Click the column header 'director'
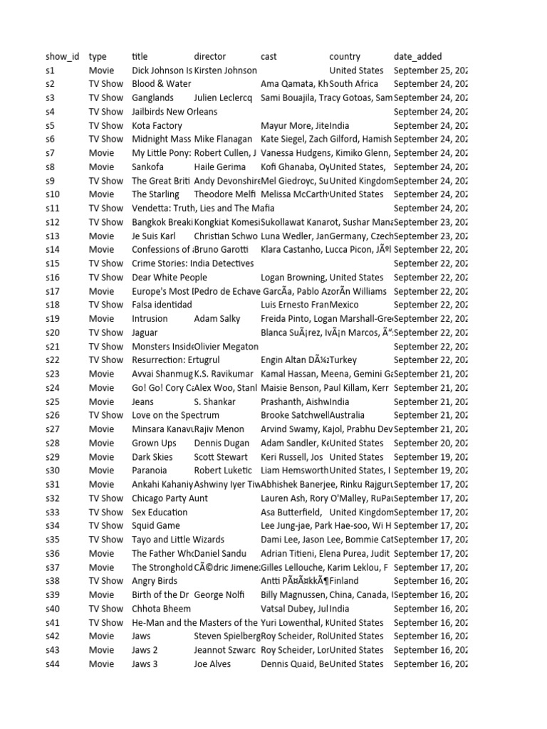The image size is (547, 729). (209, 56)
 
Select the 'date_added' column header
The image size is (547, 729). (417, 56)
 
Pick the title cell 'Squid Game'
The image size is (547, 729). (156, 525)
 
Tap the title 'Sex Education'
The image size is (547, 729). (160, 512)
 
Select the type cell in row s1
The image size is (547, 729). (101, 70)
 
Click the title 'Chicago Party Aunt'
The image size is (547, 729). (170, 498)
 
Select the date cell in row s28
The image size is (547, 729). (430, 443)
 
